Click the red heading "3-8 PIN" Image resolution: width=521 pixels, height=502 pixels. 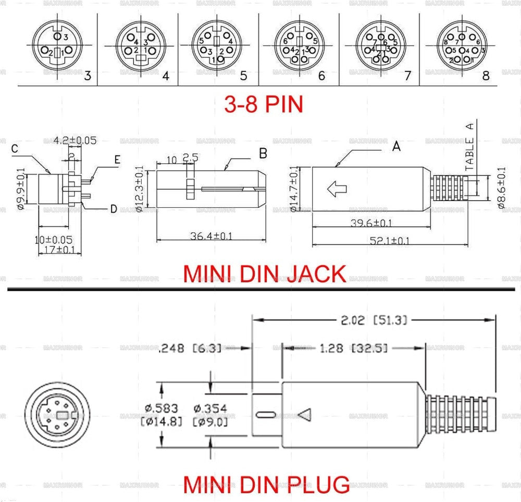[263, 104]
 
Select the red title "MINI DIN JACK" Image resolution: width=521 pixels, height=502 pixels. [264, 273]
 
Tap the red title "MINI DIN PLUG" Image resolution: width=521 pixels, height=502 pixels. [266, 484]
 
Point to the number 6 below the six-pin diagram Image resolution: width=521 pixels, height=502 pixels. [321, 76]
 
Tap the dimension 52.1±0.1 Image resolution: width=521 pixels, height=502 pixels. [389, 241]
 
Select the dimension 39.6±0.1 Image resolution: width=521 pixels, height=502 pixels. [371, 223]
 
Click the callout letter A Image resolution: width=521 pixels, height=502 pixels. [396, 147]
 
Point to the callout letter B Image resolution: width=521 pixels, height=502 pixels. [263, 153]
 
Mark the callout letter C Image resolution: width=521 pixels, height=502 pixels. [15, 148]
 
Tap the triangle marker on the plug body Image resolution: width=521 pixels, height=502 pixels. [305, 415]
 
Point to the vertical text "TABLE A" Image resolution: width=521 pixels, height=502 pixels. [469, 154]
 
